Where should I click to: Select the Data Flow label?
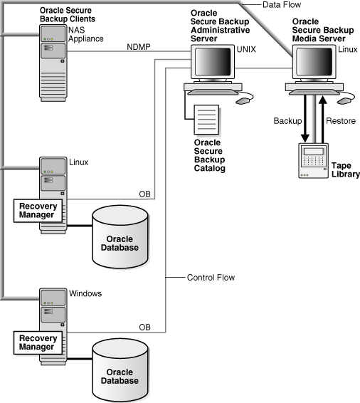pos(280,6)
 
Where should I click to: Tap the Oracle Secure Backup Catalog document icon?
pos(206,119)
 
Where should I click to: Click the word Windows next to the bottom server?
pos(86,293)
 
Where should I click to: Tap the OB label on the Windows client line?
pos(144,326)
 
